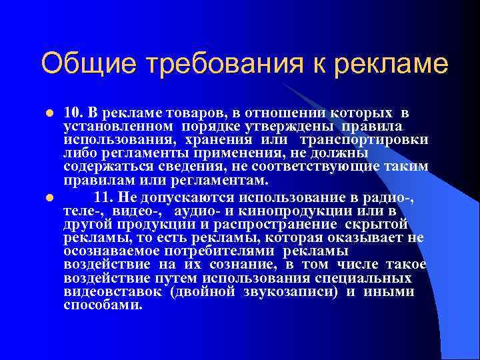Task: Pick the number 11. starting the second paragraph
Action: [106, 197]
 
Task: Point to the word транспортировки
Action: [364, 139]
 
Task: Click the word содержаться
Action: [99, 166]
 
